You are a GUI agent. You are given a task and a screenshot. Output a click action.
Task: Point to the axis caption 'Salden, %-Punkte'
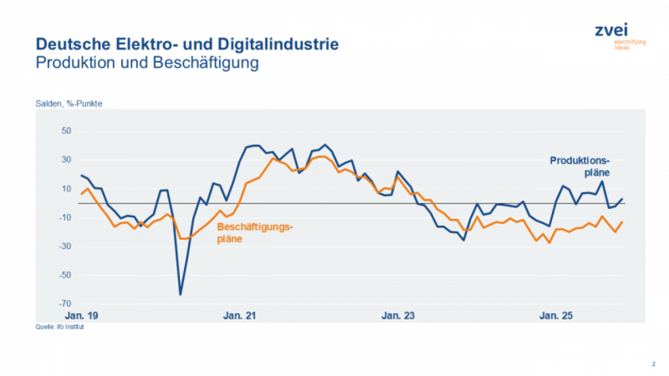(x=68, y=104)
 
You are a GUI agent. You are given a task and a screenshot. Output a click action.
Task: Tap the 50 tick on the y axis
(x=67, y=131)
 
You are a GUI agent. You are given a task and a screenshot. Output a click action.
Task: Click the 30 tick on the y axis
(x=67, y=160)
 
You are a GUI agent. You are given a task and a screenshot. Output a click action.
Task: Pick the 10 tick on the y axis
(x=67, y=188)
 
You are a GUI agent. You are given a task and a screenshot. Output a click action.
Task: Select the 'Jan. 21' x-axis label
(x=241, y=316)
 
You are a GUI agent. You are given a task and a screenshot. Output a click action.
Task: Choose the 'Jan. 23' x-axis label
(x=398, y=316)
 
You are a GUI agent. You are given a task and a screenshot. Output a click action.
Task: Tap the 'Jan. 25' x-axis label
(x=556, y=316)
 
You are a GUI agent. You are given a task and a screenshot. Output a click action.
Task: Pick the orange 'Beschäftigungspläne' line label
(x=255, y=232)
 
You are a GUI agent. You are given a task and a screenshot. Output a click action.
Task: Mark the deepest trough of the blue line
(x=180, y=295)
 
